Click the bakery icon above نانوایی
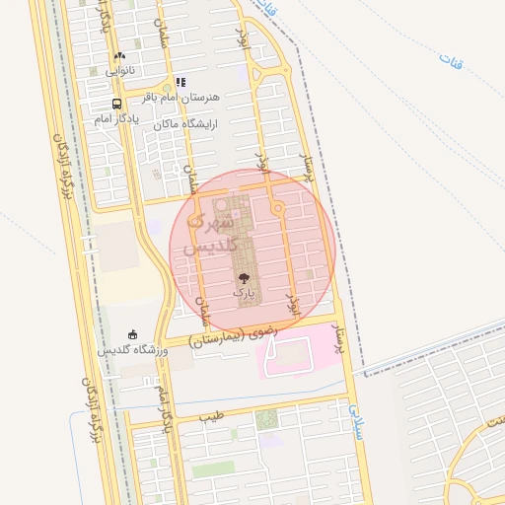[120, 56]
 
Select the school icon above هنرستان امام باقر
[180, 83]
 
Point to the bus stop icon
[117, 104]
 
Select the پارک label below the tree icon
[244, 293]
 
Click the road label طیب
[211, 415]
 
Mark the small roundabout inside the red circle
[278, 208]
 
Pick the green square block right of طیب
[266, 420]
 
